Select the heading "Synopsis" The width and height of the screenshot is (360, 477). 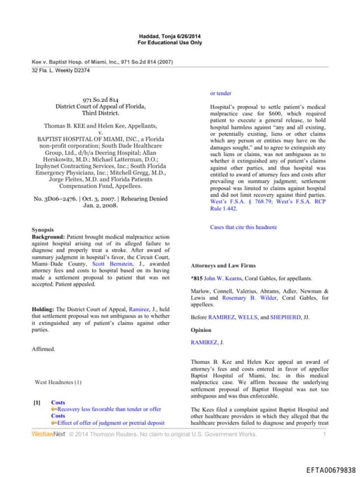[44, 230]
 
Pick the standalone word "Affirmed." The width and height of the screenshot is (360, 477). [43, 349]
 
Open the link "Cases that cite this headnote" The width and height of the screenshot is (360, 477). [243, 227]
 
